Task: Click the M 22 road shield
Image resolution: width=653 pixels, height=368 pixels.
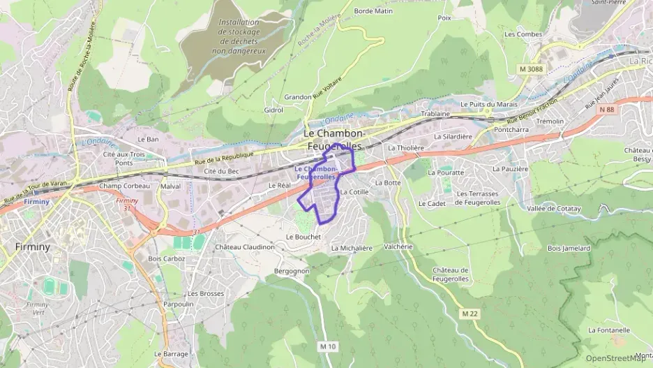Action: [470, 314]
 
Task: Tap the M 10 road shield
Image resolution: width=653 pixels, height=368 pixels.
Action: [328, 346]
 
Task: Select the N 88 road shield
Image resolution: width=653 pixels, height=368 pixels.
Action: [607, 109]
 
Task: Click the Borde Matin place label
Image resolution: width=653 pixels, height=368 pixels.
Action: [373, 11]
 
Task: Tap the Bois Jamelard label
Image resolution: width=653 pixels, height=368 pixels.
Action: [569, 248]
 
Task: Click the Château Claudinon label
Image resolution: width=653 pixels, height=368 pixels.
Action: [244, 247]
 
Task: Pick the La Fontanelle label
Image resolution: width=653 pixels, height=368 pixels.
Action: [609, 330]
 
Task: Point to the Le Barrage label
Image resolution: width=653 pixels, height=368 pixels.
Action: [171, 354]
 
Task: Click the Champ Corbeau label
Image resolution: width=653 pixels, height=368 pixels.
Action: [124, 186]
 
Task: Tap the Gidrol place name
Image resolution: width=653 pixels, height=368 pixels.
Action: [273, 110]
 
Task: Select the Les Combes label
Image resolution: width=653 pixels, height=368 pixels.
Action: [523, 34]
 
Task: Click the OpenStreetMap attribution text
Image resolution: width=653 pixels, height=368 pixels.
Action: [615, 358]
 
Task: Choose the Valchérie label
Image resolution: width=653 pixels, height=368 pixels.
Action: [398, 246]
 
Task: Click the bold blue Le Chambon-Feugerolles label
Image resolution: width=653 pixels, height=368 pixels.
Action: [317, 173]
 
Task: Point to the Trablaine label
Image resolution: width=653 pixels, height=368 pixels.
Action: [435, 114]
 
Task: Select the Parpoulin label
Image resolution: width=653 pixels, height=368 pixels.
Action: [178, 304]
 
